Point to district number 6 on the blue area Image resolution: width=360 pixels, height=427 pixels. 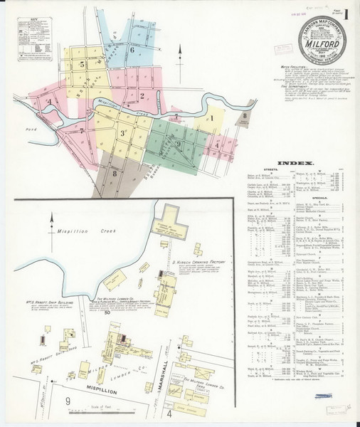point(132,49)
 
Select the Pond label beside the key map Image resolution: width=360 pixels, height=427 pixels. point(29,130)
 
